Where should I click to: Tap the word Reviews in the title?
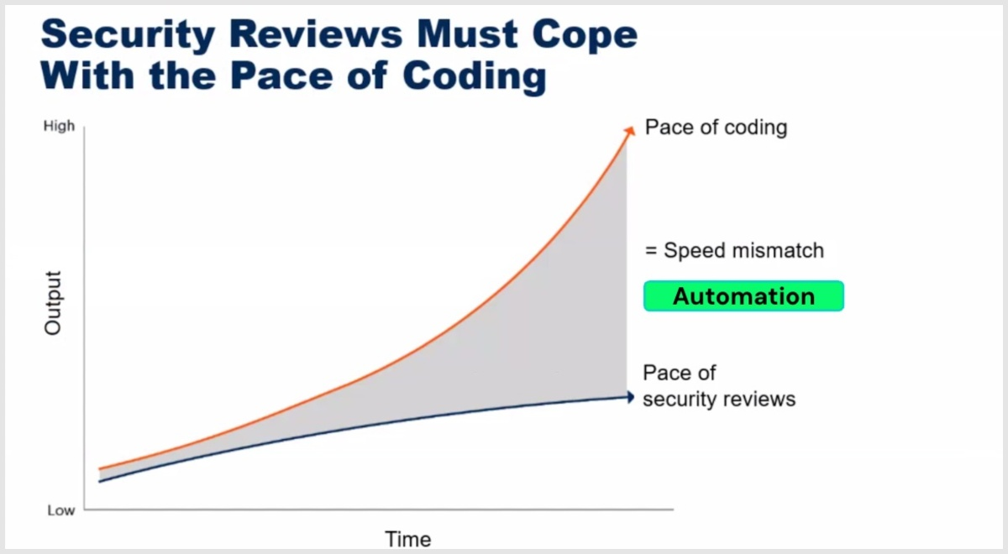tap(316, 34)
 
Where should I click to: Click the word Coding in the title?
tap(475, 76)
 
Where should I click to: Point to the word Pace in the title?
tap(281, 76)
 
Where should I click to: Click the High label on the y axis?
tap(59, 127)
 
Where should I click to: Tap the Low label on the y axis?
tap(61, 510)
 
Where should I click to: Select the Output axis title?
tap(53, 303)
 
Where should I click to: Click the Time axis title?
tap(408, 539)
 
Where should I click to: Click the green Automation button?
tap(743, 295)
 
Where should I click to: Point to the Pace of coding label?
tap(716, 128)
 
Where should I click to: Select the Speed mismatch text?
tap(744, 250)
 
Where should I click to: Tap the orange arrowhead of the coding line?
tap(630, 130)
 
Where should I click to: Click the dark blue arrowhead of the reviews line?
tap(631, 397)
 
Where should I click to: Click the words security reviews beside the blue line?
tap(719, 400)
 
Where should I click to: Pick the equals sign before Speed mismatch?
tap(651, 250)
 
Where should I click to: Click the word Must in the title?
tap(467, 34)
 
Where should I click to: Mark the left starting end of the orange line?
tap(99, 469)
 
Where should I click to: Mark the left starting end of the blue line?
tap(99, 482)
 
